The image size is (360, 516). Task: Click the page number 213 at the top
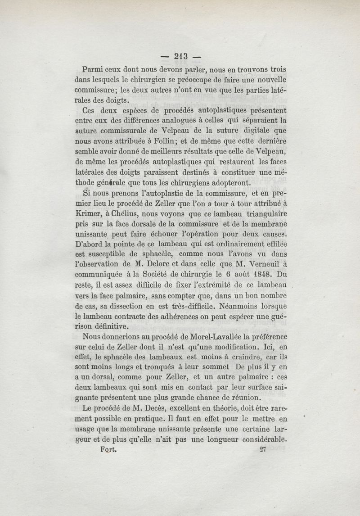180,57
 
